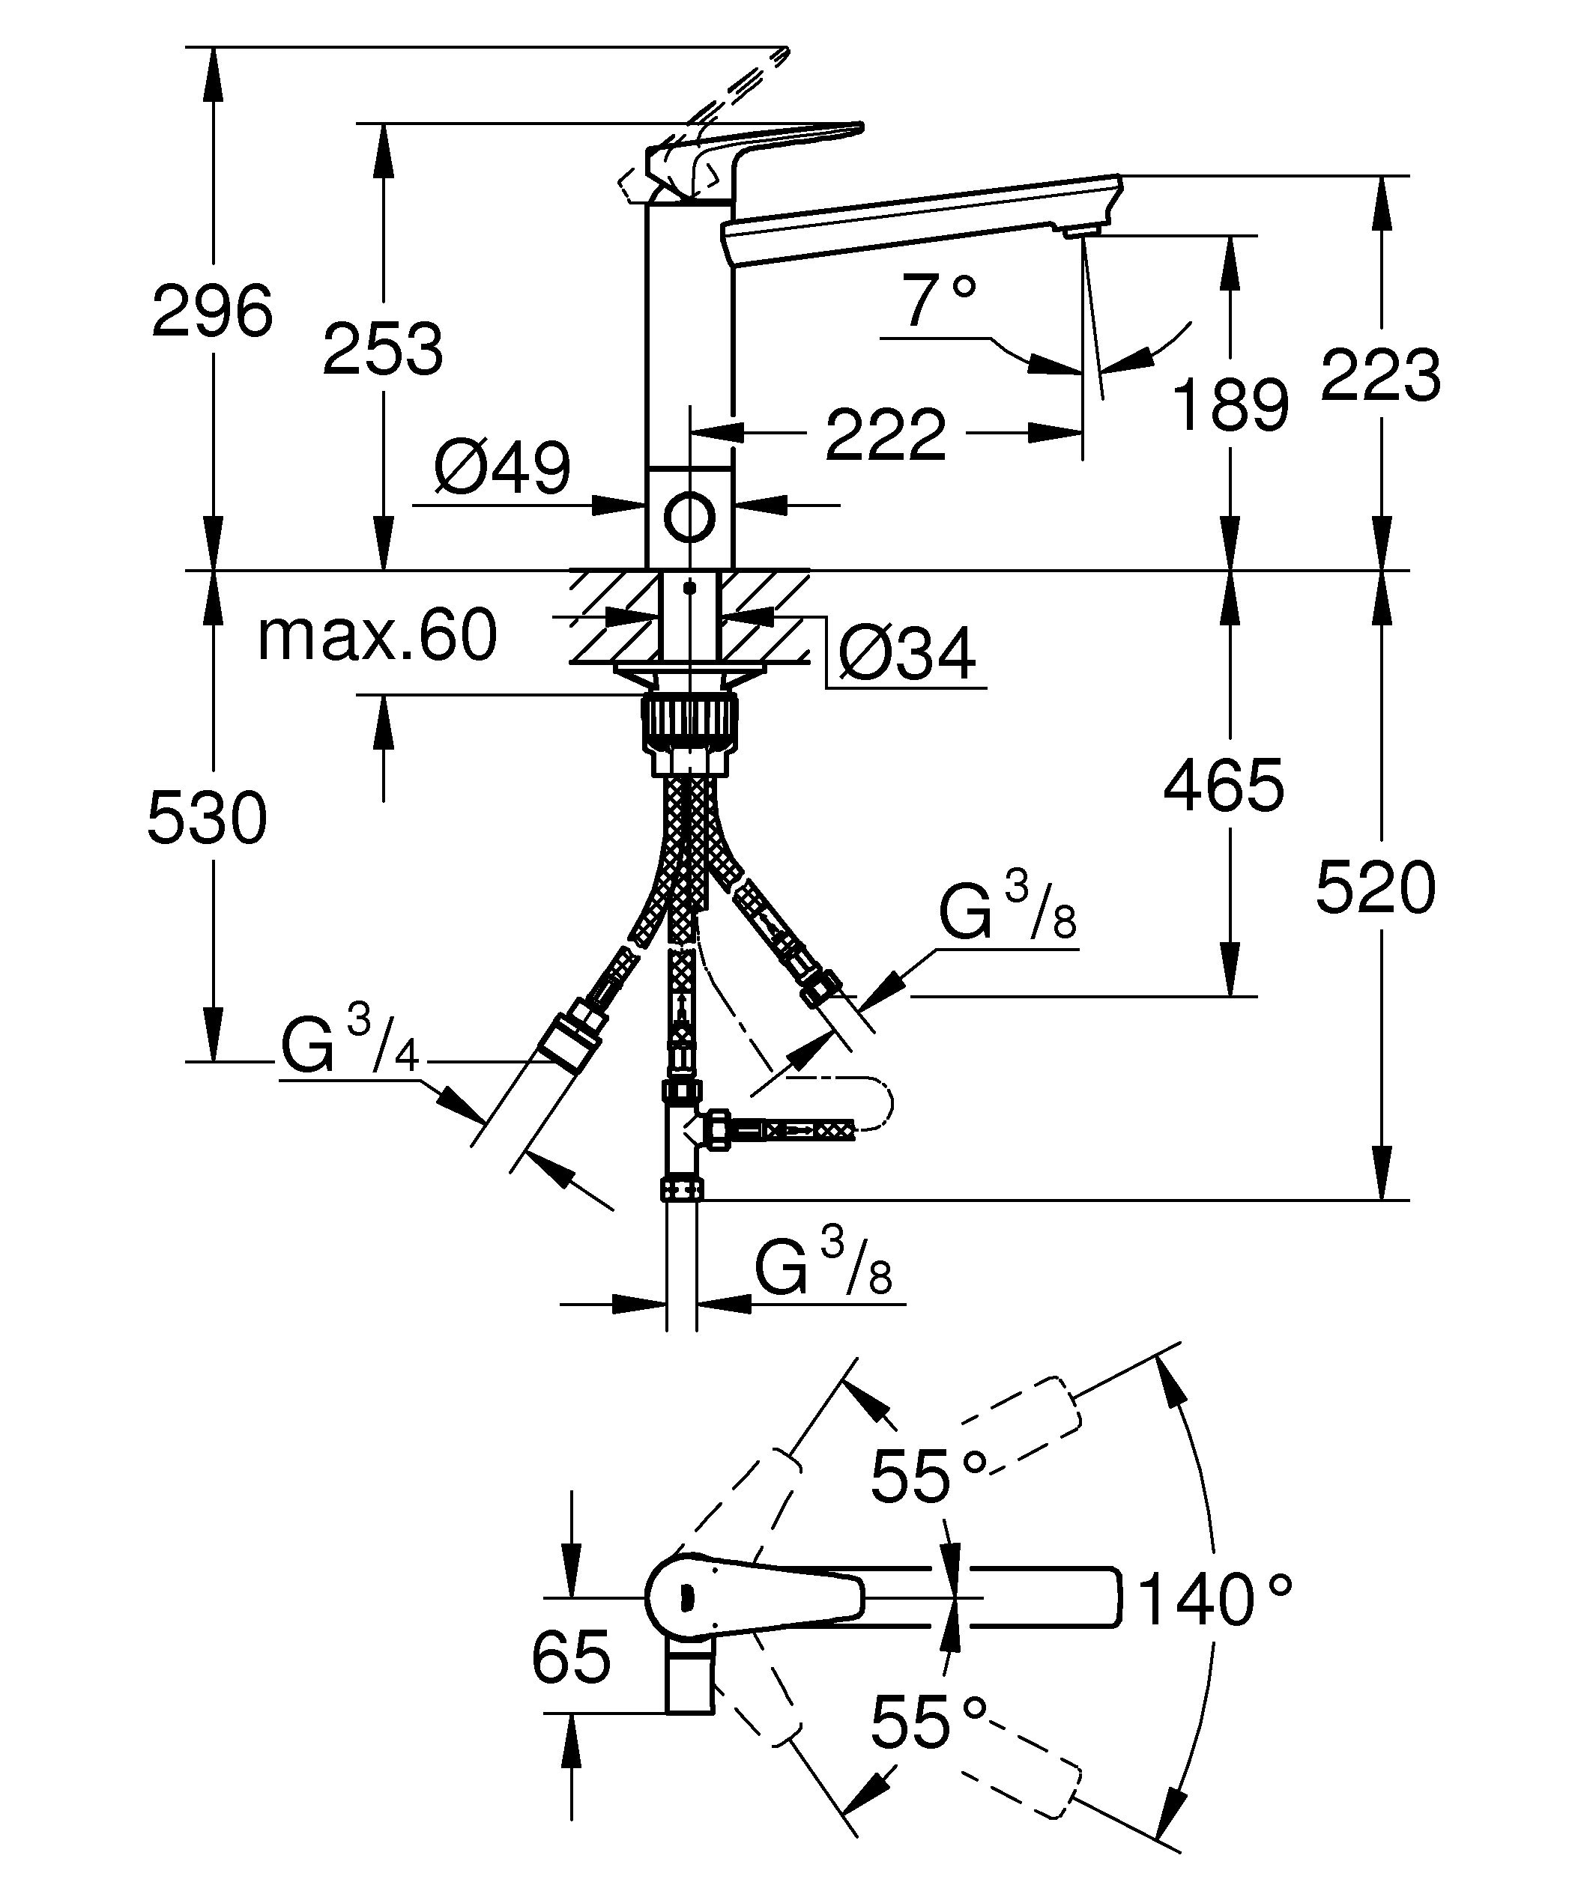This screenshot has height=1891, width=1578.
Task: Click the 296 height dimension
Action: point(211,311)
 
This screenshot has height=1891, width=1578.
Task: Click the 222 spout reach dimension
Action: point(886,435)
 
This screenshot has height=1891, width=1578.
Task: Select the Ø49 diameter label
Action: point(502,468)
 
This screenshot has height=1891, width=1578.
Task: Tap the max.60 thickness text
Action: point(376,635)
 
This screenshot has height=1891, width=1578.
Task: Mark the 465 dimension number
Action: point(1223,784)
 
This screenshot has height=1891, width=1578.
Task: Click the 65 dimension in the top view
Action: point(571,1656)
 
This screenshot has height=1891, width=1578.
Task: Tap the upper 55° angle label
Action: point(928,1476)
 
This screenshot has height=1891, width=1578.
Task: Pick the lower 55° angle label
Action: point(928,1721)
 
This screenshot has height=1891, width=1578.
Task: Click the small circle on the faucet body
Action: point(690,517)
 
